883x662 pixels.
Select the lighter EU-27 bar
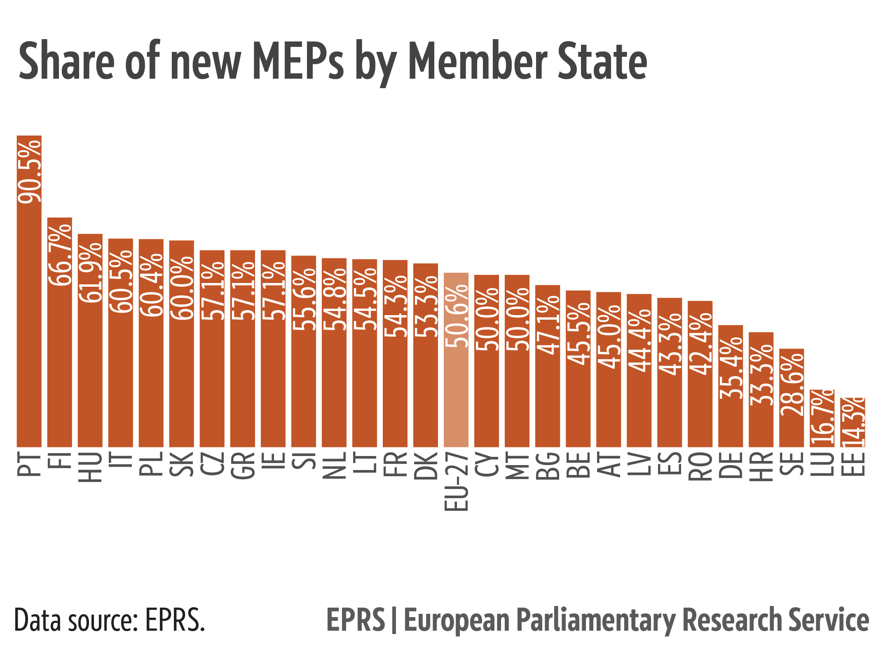tap(456, 395)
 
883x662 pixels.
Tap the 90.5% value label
tap(30, 171)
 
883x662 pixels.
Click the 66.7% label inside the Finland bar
tap(60, 255)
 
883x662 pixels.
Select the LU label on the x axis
tap(822, 463)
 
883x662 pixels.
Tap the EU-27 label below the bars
tap(457, 482)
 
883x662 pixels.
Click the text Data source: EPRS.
tap(110, 620)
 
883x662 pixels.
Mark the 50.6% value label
tap(457, 316)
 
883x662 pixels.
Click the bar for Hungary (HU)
tap(90, 371)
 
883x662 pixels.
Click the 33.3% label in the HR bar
tap(761, 375)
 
